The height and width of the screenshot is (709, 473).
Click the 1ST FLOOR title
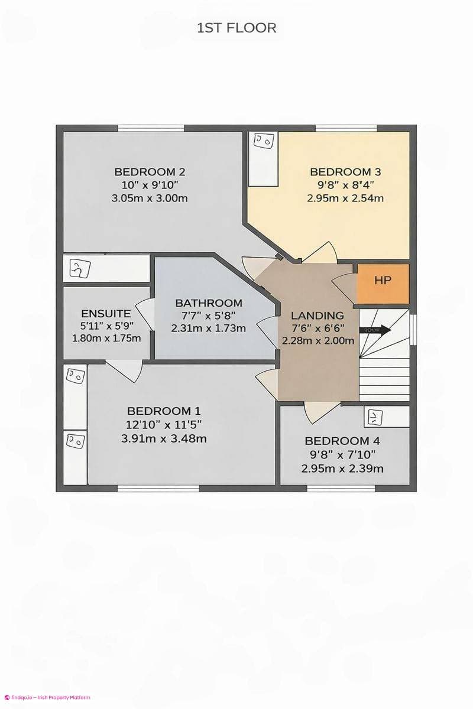237,27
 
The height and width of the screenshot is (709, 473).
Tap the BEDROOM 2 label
150,172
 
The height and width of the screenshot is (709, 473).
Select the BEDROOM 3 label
345,172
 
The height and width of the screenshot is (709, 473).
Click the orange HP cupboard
383,281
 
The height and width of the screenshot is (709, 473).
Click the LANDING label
318,316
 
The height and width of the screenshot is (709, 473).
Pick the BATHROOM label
208,303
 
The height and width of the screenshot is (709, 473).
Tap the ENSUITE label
106,313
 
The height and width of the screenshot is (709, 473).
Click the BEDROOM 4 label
342,441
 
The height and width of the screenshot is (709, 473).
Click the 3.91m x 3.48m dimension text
164,438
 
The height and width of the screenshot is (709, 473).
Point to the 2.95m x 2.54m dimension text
345,199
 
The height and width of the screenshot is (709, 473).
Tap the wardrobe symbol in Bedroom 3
263,142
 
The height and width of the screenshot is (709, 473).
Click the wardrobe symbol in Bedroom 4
374,418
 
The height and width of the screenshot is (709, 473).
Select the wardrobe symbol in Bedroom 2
78,268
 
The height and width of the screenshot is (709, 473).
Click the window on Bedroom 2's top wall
150,128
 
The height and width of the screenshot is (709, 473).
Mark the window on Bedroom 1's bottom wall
150,488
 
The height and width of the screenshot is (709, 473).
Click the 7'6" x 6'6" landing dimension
318,328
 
